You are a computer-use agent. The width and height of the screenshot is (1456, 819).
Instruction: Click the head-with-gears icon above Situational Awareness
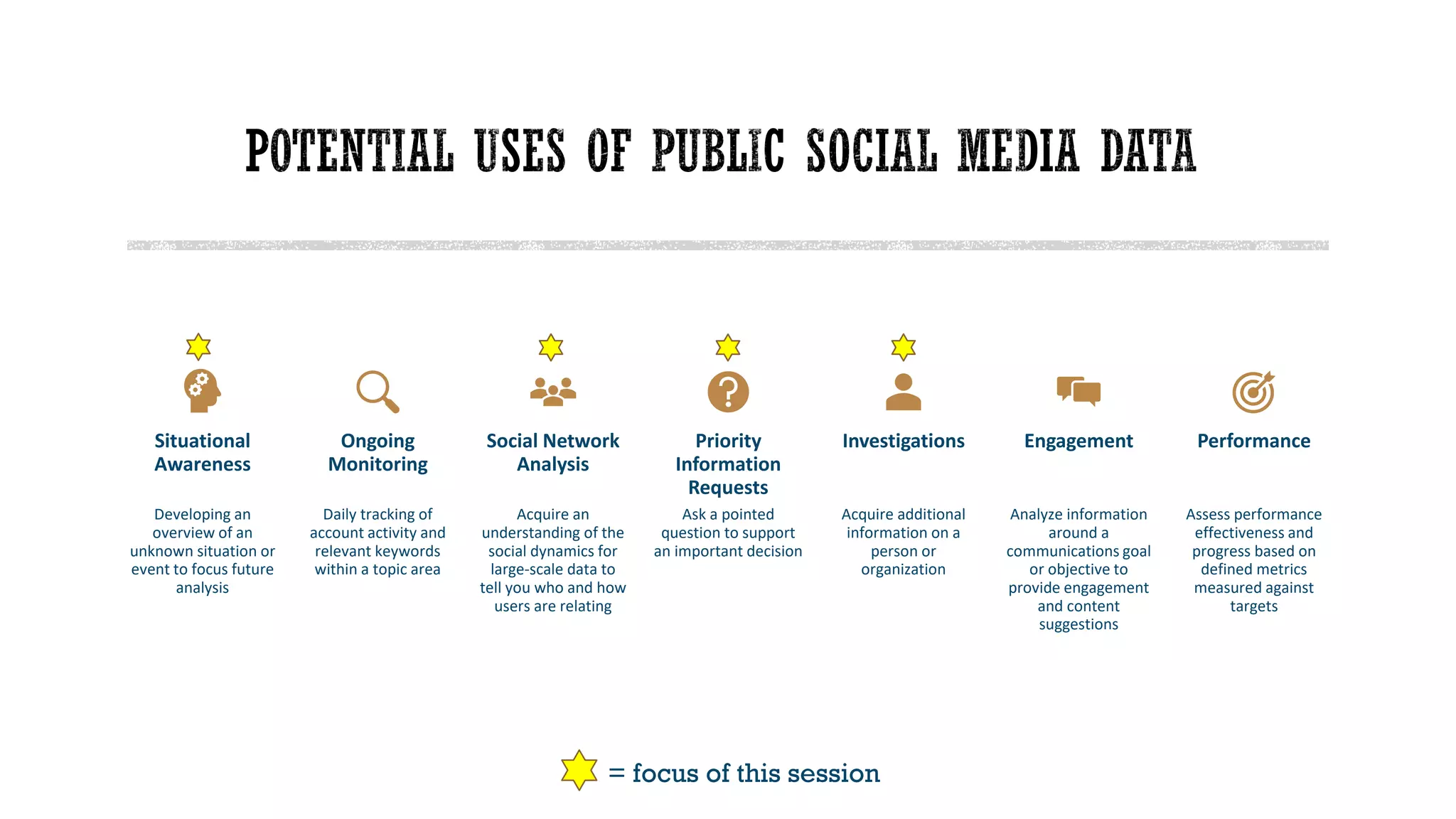[202, 390]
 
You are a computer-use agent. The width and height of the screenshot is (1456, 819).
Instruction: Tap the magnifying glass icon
[377, 391]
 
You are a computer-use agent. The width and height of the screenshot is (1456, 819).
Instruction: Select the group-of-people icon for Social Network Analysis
[552, 392]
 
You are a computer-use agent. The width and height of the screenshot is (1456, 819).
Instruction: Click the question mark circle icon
[728, 392]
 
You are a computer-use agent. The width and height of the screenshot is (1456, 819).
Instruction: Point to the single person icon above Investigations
[903, 392]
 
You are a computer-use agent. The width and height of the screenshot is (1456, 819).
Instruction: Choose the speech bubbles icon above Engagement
[1078, 391]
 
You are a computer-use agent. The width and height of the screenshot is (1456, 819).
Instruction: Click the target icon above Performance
[1253, 392]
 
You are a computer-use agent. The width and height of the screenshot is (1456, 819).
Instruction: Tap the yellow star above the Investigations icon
[903, 347]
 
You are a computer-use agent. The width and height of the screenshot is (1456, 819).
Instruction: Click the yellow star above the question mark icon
[728, 347]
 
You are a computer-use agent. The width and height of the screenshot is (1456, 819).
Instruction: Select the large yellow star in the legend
[579, 770]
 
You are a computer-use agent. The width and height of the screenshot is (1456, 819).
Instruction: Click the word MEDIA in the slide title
[1017, 151]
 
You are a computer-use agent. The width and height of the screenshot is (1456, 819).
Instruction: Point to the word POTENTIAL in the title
[349, 151]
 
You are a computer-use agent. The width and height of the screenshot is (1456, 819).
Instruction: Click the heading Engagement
[1078, 441]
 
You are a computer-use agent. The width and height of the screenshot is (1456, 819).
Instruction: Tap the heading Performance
[1253, 441]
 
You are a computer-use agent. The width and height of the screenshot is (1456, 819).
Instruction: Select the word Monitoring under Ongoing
[378, 464]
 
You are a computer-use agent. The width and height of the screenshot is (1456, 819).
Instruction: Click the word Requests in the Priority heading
[728, 488]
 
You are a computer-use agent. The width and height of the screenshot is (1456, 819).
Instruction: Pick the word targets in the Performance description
[1253, 606]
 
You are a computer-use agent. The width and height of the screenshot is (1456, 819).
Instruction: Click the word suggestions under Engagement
[1078, 625]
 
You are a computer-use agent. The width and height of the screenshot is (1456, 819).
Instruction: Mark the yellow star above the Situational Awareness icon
[198, 347]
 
